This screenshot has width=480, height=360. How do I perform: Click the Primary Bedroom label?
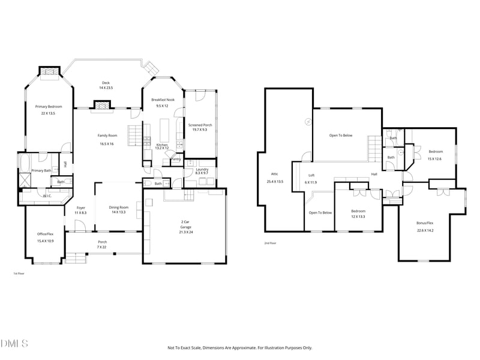(49, 106)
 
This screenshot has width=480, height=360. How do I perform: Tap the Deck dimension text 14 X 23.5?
(106, 88)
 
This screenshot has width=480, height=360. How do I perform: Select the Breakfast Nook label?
(163, 100)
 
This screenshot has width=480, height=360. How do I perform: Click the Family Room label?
(106, 136)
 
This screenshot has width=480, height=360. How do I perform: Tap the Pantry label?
(176, 160)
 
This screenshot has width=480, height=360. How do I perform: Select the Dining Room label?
(118, 208)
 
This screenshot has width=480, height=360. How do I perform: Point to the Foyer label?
(80, 208)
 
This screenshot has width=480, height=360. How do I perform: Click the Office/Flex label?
(46, 234)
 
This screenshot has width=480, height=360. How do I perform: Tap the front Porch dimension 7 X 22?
(103, 247)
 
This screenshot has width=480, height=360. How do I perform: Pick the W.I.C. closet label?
(46, 196)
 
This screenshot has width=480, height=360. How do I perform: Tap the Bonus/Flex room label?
(425, 223)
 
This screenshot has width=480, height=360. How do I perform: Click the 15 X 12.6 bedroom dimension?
(434, 159)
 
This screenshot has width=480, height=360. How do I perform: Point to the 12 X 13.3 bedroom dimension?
(358, 217)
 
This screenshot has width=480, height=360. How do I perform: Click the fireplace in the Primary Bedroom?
(50, 73)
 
